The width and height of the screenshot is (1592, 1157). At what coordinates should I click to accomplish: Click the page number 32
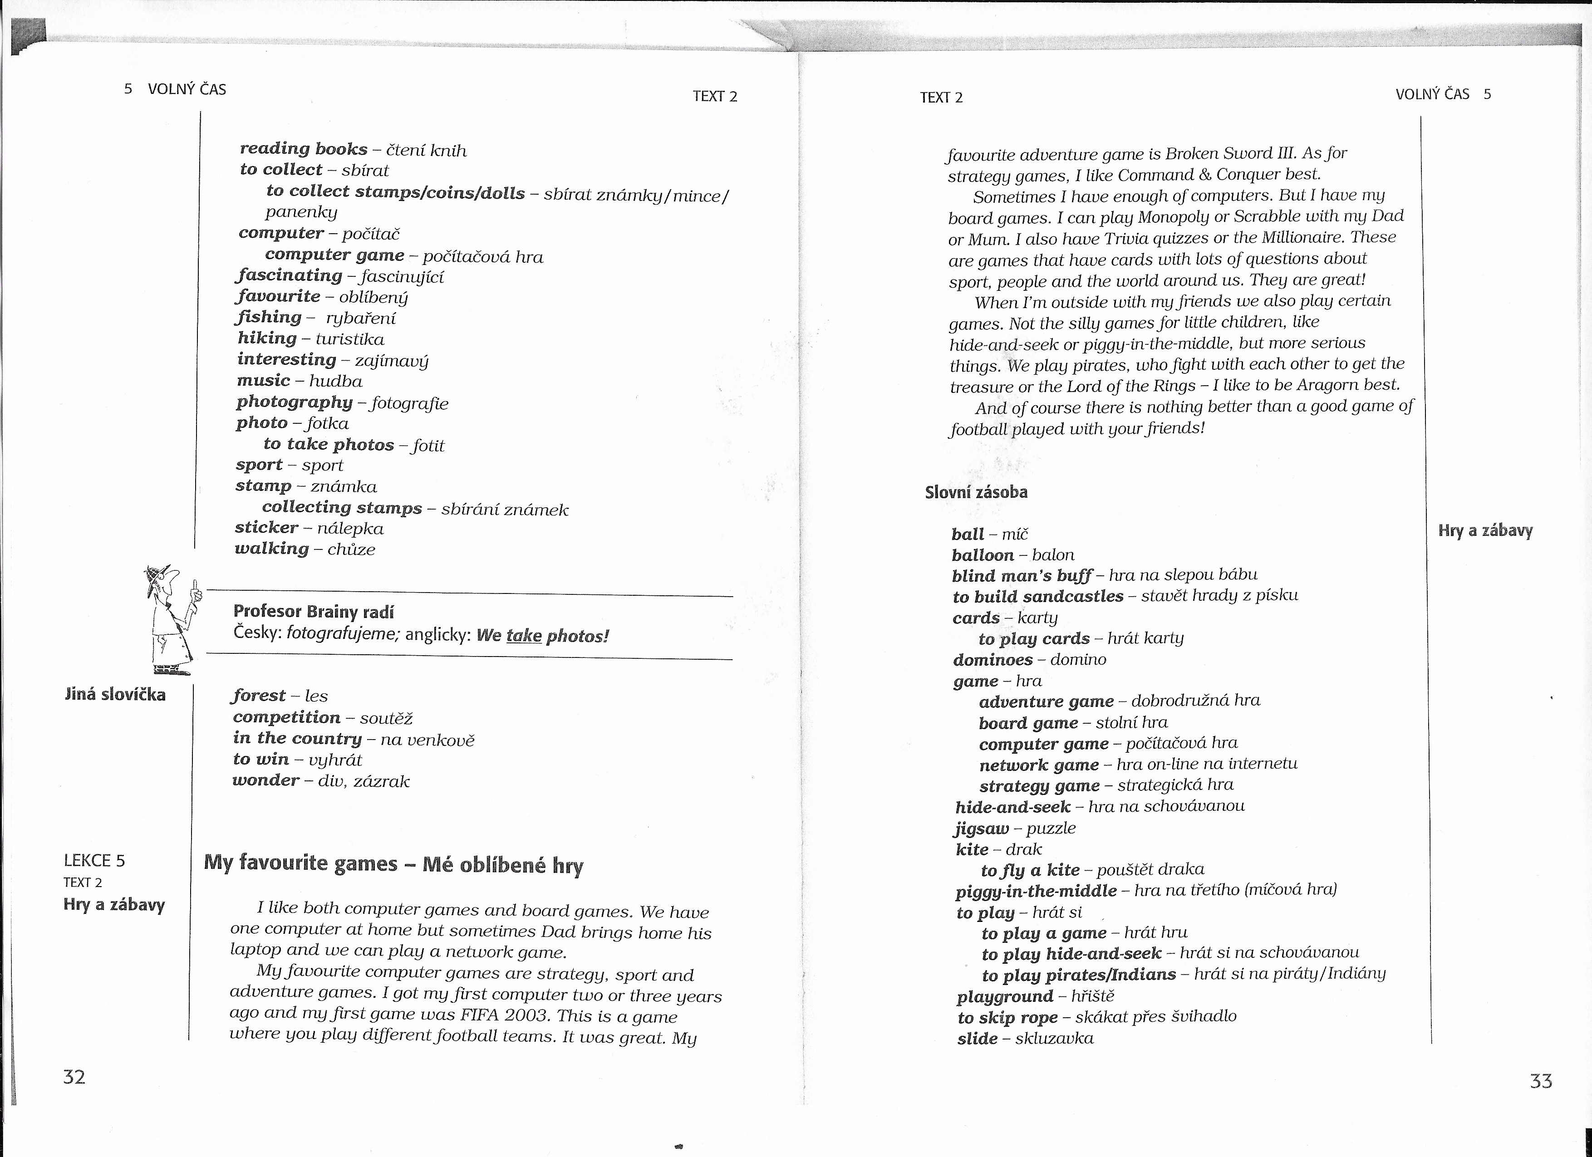[74, 1077]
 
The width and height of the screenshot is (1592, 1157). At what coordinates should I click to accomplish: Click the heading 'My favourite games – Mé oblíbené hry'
[393, 864]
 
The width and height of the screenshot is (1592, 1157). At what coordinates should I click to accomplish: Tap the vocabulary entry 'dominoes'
[993, 660]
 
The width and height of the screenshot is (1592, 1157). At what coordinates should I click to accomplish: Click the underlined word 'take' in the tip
[524, 636]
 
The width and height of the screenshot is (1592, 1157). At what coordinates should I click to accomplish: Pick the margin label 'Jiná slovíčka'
[115, 695]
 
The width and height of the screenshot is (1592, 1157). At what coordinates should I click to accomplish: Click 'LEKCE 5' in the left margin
[94, 860]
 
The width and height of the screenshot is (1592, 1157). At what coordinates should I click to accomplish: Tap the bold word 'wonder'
[266, 780]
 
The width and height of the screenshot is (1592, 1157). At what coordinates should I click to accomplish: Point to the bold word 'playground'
[1004, 996]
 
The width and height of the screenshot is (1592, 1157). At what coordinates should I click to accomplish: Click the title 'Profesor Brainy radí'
[313, 611]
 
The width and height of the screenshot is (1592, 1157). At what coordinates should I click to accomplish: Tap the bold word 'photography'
[294, 402]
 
